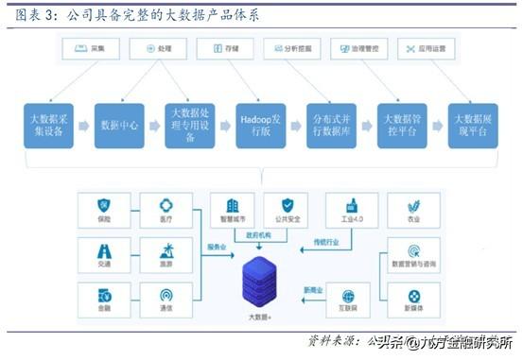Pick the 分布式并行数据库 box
coord(333,124)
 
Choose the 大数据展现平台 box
coord(472,124)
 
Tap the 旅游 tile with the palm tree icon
coord(165,252)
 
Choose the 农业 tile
coord(411,210)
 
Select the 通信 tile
coord(165,300)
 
